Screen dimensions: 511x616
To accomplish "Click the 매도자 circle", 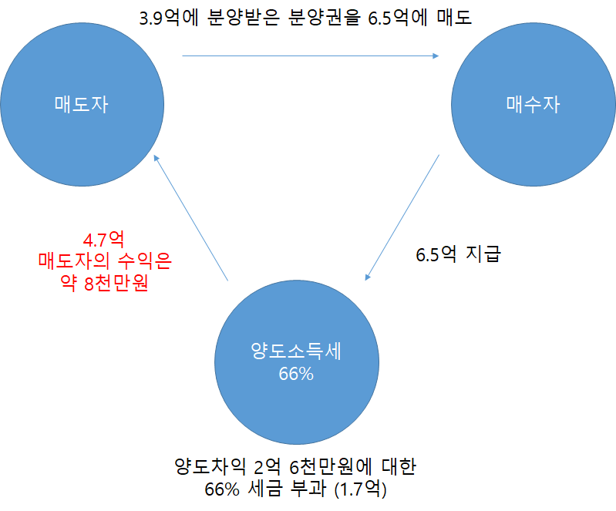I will pyautogui.click(x=82, y=105).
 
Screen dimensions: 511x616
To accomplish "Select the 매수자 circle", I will pyautogui.click(x=533, y=105).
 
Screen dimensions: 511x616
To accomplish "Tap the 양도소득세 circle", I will pyautogui.click(x=297, y=361).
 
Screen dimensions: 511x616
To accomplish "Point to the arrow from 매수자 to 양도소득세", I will pyautogui.click(x=402, y=216).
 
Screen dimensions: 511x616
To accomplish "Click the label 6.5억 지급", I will pyautogui.click(x=458, y=254).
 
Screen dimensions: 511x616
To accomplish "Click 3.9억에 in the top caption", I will pyautogui.click(x=170, y=17).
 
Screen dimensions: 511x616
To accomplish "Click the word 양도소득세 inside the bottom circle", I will pyautogui.click(x=297, y=351).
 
